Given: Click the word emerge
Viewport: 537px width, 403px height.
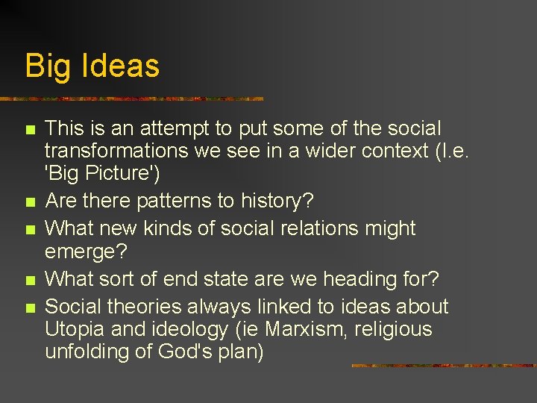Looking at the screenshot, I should (x=81, y=251).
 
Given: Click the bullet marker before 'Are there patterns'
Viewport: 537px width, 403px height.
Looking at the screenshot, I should (x=30, y=202).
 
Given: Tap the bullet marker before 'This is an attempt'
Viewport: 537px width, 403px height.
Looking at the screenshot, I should (x=30, y=130).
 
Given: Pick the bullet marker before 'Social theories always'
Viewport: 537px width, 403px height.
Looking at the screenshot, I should (x=30, y=307).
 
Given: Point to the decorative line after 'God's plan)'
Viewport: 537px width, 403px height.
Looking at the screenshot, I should (x=443, y=366).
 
